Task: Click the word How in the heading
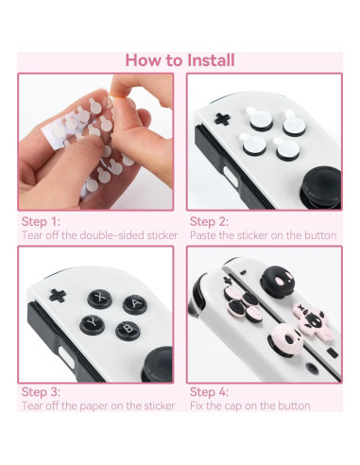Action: click(x=146, y=60)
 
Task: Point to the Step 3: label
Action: click(x=41, y=391)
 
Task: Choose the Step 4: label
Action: click(x=211, y=391)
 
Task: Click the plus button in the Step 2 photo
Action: click(x=223, y=118)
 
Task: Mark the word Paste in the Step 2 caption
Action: click(x=204, y=234)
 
